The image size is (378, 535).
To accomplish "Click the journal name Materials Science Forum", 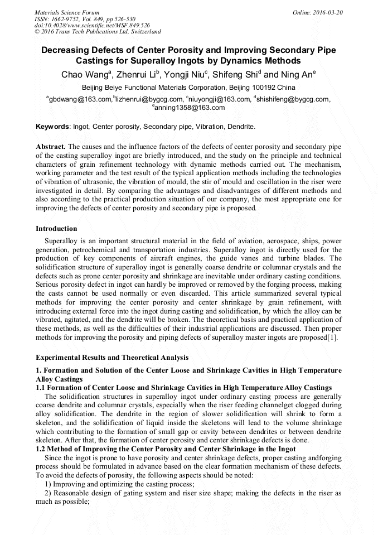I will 67,12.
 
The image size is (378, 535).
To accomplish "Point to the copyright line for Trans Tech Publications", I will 98,32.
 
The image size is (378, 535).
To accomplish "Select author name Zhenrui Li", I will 137,75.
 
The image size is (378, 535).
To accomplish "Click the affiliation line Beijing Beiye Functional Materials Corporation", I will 188,88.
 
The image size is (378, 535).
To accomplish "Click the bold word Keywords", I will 52,127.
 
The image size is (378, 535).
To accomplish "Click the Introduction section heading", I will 56,229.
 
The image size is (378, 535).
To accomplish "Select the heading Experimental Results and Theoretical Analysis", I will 112,357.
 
